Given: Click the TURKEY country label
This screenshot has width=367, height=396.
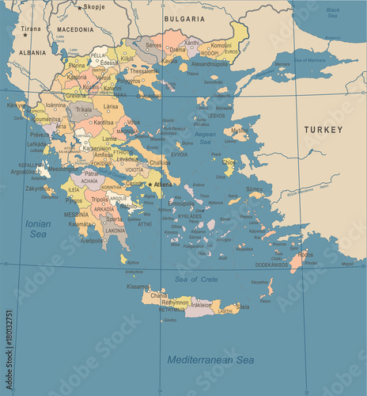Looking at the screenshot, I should point(324,129).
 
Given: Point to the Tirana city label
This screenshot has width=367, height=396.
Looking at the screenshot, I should point(32,29).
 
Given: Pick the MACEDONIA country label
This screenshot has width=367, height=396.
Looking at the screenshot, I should point(75,29).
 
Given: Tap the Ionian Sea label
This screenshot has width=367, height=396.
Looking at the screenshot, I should point(36,229).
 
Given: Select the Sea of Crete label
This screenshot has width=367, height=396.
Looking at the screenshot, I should point(197,279).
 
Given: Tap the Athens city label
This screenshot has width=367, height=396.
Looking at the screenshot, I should point(163,185).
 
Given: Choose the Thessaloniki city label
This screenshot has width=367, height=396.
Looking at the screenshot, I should point(145,70).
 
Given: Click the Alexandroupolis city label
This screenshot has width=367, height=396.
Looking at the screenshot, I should point(210,63).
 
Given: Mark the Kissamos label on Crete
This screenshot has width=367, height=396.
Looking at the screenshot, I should point(138,287).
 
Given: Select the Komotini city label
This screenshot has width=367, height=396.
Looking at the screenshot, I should point(221,45).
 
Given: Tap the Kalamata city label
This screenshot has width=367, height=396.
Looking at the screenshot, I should point(81,224).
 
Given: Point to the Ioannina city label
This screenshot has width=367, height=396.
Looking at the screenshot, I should point(55,105).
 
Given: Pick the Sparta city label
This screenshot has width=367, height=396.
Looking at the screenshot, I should point(115,218).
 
